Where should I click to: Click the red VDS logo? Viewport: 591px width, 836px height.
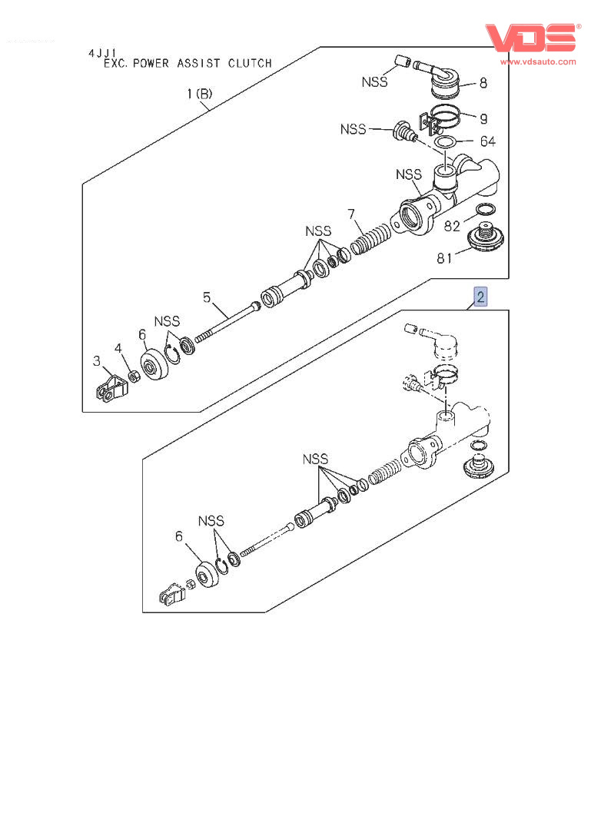click(x=532, y=38)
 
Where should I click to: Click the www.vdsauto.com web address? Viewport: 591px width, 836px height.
click(x=538, y=61)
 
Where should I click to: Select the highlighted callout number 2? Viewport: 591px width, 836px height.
click(x=480, y=297)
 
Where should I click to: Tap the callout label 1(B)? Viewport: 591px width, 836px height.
click(x=200, y=94)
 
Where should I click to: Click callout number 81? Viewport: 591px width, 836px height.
click(x=444, y=258)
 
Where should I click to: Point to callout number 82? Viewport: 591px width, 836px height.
click(x=452, y=226)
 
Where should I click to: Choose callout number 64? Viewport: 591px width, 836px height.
click(x=487, y=141)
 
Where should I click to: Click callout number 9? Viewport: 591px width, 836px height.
click(x=483, y=118)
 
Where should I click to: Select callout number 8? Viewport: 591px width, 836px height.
click(x=483, y=83)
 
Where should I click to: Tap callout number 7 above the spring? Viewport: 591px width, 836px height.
click(x=351, y=214)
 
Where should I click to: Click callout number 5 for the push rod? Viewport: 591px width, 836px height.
click(x=207, y=297)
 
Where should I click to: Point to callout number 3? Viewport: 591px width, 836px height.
click(x=97, y=361)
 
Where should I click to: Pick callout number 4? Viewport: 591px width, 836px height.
click(x=118, y=348)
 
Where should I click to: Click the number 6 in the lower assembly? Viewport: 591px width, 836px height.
click(x=179, y=536)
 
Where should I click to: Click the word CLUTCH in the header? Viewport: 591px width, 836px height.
click(x=251, y=64)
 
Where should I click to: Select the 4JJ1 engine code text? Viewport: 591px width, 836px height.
click(x=102, y=53)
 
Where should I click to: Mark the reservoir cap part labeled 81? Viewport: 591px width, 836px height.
click(x=486, y=237)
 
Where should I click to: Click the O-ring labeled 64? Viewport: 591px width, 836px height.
click(x=447, y=142)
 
